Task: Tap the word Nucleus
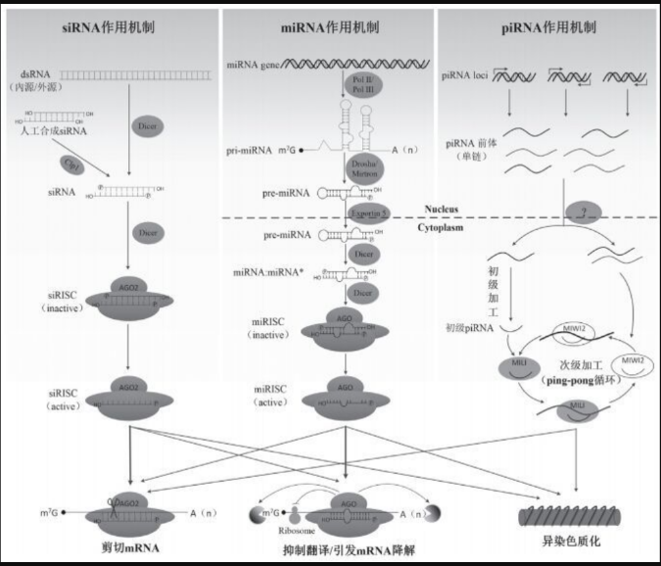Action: point(442,208)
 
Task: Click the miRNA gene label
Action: point(255,65)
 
